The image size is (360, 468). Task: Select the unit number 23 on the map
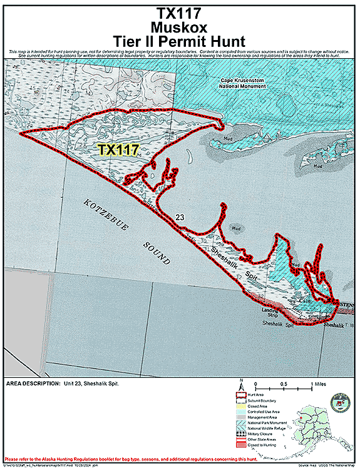coord(180,217)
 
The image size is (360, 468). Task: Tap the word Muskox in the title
coord(180,28)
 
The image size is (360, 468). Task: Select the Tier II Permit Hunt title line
coord(180,42)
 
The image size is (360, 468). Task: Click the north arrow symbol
coord(240,387)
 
